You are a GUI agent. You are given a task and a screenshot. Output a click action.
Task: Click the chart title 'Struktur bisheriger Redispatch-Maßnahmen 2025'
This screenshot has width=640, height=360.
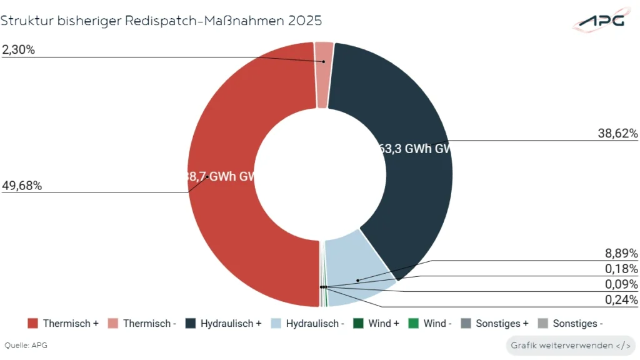click(x=161, y=21)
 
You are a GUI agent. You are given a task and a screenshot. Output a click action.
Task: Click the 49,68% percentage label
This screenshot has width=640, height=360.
click(x=22, y=186)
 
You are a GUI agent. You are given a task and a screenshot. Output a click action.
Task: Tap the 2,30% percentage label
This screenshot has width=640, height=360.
click(x=18, y=50)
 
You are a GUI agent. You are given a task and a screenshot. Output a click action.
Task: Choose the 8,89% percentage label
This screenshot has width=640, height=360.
click(x=621, y=253)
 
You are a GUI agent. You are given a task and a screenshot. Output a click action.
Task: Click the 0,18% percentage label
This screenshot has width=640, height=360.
click(x=621, y=269)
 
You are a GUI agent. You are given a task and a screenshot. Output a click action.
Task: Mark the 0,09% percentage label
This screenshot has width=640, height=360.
click(x=621, y=284)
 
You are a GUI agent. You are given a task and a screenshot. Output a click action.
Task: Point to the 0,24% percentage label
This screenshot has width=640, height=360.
click(x=621, y=300)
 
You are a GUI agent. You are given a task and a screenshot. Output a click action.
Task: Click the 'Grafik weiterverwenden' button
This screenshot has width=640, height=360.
click(x=570, y=345)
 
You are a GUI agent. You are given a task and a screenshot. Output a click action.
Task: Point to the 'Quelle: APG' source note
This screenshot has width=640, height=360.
click(x=26, y=345)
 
